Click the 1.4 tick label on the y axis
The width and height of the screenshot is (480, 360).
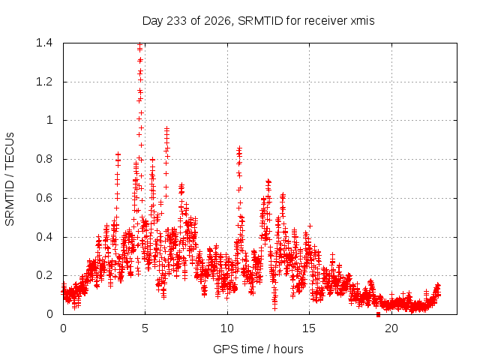[44, 43]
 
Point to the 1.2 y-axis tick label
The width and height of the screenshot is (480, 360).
[44, 82]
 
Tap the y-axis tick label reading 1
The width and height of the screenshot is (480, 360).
[49, 120]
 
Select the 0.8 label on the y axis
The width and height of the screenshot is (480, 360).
[44, 159]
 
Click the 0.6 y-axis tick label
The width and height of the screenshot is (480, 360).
[44, 198]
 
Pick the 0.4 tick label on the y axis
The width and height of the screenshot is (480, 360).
[44, 237]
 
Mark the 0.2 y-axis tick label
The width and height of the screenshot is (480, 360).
[44, 275]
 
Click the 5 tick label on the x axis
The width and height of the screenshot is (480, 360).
[145, 328]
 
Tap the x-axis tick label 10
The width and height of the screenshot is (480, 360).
[227, 328]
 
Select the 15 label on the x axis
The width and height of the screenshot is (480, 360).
[309, 328]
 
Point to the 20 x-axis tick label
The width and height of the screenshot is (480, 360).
[391, 328]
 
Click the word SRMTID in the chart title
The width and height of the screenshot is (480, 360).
[260, 21]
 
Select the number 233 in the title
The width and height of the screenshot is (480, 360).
[177, 21]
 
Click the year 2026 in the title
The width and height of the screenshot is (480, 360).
[217, 21]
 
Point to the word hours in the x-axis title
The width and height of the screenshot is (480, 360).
[288, 349]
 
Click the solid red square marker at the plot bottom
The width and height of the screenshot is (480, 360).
[378, 314]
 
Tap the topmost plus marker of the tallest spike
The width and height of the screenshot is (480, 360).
[140, 44]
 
